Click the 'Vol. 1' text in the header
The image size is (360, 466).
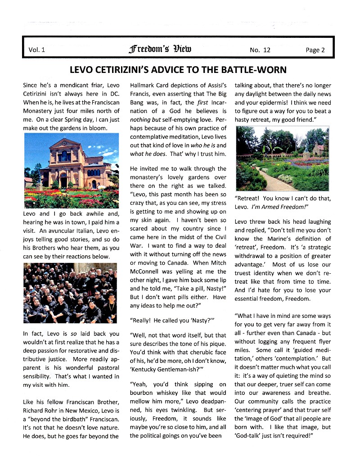coord(37,50)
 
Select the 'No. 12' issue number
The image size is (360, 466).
coord(260,50)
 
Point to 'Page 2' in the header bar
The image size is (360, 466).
coord(315,50)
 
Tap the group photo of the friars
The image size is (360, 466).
coord(71,293)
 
